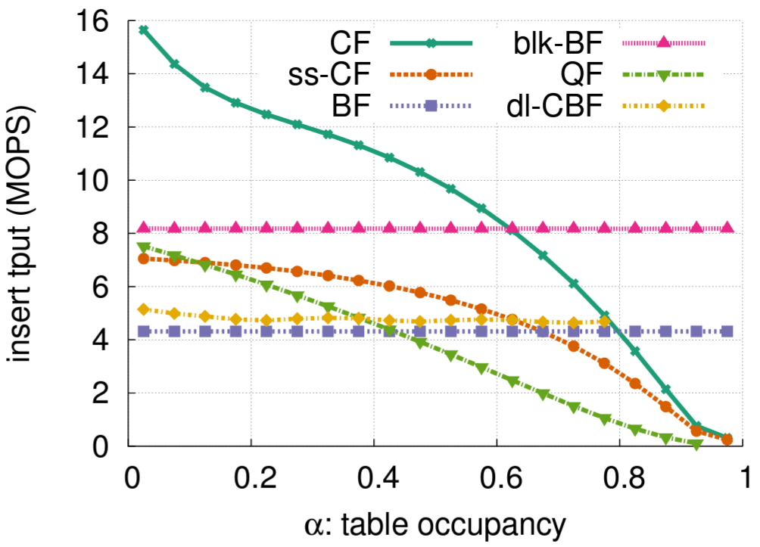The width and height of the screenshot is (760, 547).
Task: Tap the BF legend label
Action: [x=355, y=105]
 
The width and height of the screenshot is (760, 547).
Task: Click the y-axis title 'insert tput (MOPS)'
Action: [x=26, y=234]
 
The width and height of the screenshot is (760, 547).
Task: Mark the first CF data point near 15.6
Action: [x=144, y=30]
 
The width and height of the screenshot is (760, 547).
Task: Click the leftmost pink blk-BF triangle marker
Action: [x=144, y=228]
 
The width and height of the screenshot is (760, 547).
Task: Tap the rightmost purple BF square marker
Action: [x=727, y=331]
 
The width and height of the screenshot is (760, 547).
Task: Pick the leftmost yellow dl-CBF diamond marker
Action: [x=144, y=309]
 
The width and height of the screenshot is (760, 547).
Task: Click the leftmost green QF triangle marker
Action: [x=144, y=247]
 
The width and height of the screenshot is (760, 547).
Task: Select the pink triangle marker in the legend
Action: [x=665, y=42]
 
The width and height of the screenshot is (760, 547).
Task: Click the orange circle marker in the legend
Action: [x=430, y=74]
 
